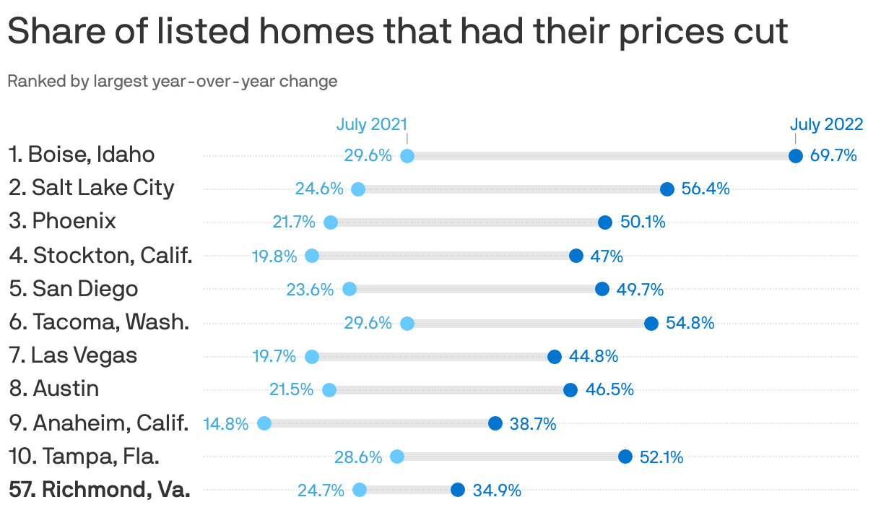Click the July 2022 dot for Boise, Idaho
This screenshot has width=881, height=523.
click(x=795, y=156)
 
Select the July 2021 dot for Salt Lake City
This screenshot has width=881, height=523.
click(x=358, y=189)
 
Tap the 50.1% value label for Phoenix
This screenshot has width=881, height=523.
click(x=643, y=222)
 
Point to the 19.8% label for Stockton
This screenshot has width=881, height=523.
click(x=274, y=256)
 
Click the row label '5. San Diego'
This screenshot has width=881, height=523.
click(x=74, y=289)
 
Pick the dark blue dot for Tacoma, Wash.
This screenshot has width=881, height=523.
click(x=651, y=323)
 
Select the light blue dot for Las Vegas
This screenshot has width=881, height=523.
click(x=312, y=356)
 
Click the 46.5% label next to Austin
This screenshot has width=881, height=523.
click(x=609, y=390)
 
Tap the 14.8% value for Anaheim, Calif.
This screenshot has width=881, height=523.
click(x=225, y=424)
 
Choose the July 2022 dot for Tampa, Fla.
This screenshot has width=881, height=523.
click(x=625, y=457)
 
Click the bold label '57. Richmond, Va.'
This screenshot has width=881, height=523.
click(x=100, y=490)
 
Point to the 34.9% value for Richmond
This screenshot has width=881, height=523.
click(x=497, y=490)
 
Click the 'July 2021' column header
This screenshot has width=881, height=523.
click(x=372, y=124)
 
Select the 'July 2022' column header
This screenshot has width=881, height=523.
click(x=826, y=124)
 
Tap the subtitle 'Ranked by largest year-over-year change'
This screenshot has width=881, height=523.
click(x=173, y=81)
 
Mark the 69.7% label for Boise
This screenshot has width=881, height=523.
click(x=833, y=156)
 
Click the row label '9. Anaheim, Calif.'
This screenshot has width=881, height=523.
click(x=99, y=423)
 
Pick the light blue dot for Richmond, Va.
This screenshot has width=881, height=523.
click(x=360, y=490)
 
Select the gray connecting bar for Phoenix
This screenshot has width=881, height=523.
click(x=468, y=222)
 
